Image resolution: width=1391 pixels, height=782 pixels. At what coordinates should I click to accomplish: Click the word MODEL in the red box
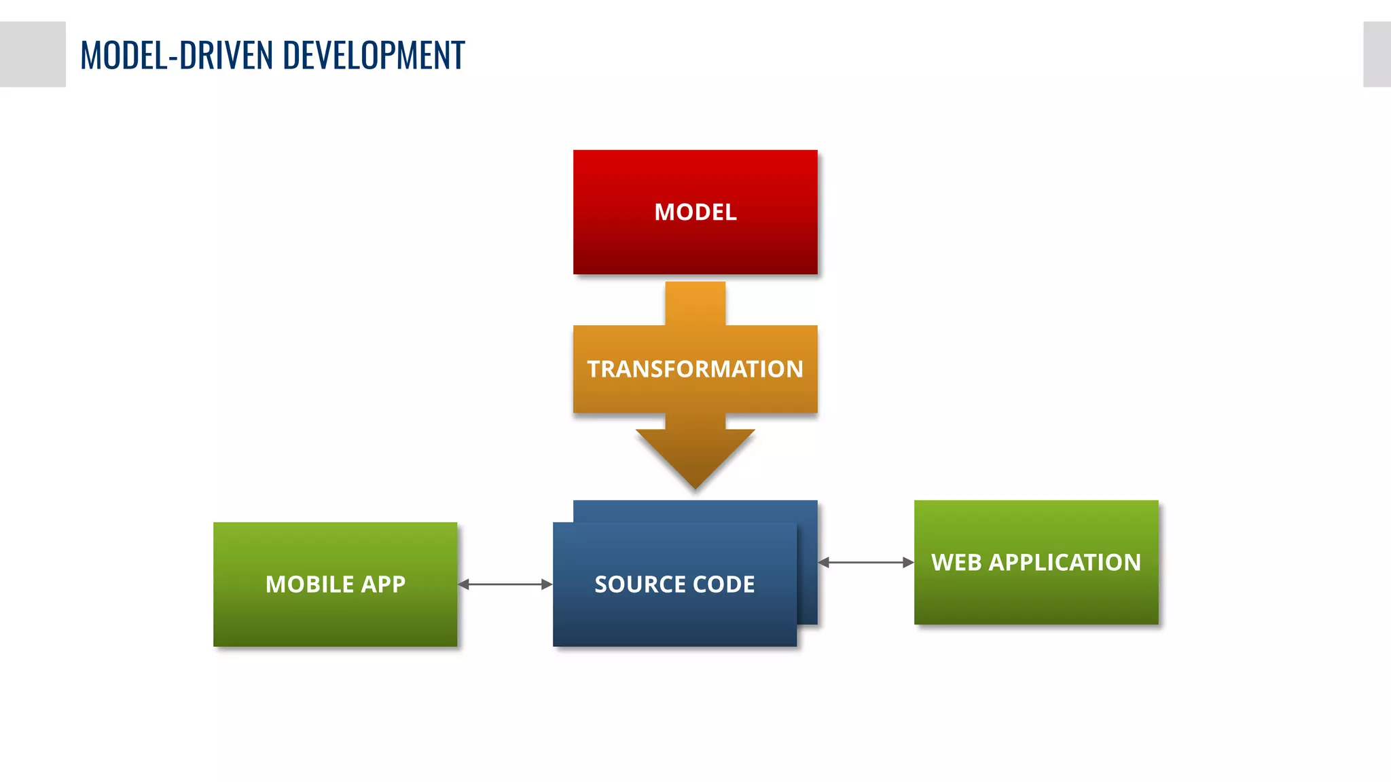[695, 212]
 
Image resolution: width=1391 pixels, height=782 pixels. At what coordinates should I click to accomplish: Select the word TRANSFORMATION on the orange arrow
[695, 369]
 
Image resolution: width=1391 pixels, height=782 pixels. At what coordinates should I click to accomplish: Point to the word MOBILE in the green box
[309, 584]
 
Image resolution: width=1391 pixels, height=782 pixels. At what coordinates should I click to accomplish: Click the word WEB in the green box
[956, 563]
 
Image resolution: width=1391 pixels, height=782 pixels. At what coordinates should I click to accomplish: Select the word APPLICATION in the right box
[1064, 563]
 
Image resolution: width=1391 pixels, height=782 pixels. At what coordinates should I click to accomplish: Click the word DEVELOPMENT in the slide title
[374, 56]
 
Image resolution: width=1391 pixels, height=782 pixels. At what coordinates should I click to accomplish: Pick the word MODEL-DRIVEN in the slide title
[177, 56]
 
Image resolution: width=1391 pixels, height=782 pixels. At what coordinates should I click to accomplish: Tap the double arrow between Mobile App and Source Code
[505, 584]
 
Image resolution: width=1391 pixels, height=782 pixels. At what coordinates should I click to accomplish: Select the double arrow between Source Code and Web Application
[866, 563]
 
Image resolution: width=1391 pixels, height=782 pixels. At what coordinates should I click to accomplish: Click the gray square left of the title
[33, 54]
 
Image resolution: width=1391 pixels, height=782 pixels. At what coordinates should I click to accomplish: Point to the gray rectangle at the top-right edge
[1377, 54]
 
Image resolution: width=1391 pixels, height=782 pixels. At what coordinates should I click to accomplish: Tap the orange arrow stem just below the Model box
[695, 302]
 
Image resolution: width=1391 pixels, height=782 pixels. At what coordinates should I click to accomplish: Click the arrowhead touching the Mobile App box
[464, 584]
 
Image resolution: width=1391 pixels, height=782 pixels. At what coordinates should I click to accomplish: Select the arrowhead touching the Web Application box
[908, 563]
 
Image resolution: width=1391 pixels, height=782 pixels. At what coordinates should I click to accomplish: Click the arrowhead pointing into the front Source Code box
[547, 584]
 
